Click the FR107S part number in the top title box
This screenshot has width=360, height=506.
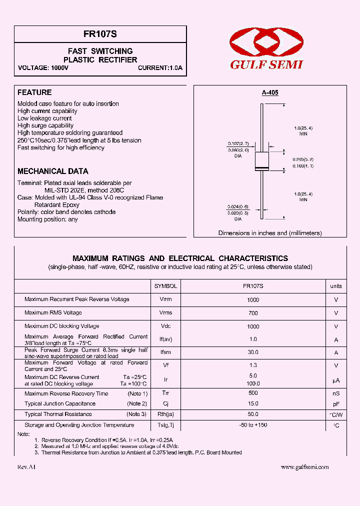(x=100, y=34)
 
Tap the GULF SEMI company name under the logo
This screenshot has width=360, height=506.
(x=267, y=64)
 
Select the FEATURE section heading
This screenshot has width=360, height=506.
(x=34, y=92)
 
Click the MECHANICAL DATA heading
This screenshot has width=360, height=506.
(x=53, y=171)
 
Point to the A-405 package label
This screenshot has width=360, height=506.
(x=270, y=92)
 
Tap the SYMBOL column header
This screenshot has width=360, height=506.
(x=165, y=286)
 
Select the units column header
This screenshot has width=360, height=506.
(x=336, y=286)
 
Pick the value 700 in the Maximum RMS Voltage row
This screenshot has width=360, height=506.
(x=253, y=313)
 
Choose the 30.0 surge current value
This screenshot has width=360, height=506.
(x=253, y=352)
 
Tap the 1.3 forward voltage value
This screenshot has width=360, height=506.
(x=253, y=365)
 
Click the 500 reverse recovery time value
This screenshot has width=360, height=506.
(x=253, y=393)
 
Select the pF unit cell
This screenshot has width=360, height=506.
(x=336, y=404)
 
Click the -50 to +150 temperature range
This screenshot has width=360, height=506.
(x=253, y=425)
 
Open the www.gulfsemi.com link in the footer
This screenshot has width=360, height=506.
(x=304, y=467)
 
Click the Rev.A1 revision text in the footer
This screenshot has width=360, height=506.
(x=26, y=467)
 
